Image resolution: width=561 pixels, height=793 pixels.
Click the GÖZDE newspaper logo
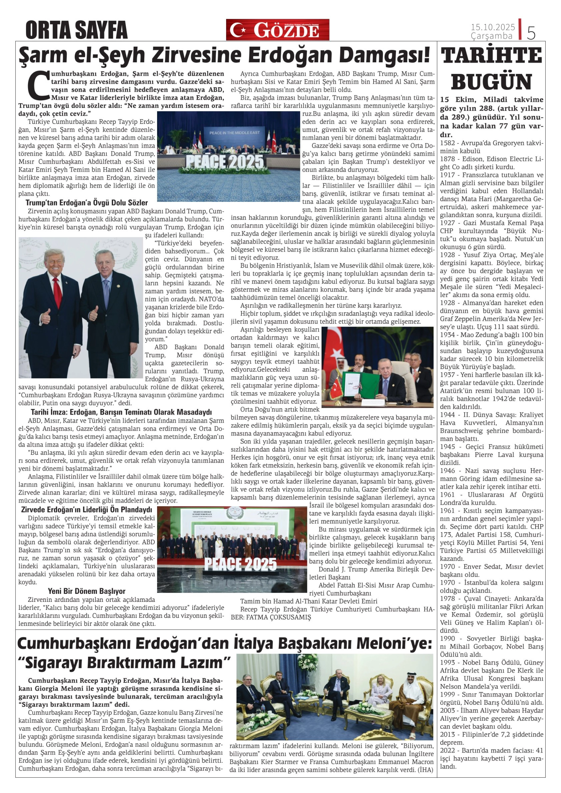click(x=278, y=30)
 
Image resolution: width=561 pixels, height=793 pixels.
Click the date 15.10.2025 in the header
click(x=492, y=27)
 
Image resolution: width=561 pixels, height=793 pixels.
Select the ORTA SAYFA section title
click(x=76, y=30)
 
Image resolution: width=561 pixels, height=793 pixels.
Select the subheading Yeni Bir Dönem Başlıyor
click(x=87, y=591)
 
